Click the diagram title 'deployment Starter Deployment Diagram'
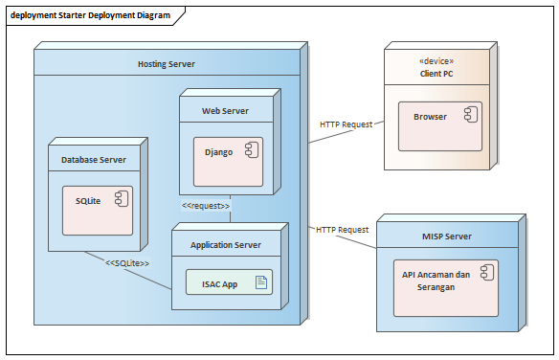(x=91, y=15)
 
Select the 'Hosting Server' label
(x=166, y=64)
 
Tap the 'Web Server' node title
(x=225, y=111)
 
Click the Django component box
(x=228, y=160)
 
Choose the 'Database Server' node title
(x=94, y=160)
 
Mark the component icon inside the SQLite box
(x=121, y=198)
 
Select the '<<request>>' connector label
(x=206, y=205)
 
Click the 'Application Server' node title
(x=226, y=245)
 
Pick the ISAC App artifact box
(x=229, y=282)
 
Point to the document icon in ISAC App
(x=259, y=281)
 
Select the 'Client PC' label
(x=436, y=73)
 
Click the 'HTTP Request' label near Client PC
(x=345, y=124)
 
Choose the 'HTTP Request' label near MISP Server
(x=342, y=230)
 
